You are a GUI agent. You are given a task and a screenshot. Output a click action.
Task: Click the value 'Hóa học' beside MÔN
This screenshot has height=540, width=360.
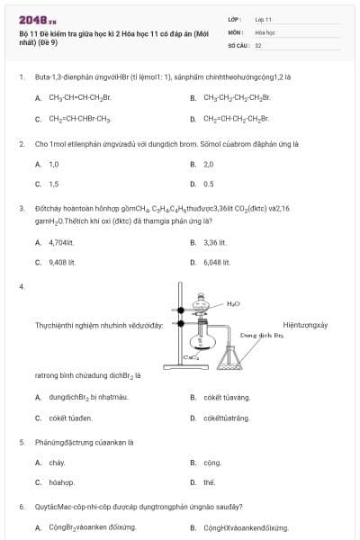click(x=264, y=31)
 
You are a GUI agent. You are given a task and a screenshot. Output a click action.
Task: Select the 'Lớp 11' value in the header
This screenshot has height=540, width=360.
click(x=263, y=19)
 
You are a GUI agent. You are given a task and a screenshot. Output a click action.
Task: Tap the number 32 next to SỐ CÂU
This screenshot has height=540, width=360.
click(x=258, y=44)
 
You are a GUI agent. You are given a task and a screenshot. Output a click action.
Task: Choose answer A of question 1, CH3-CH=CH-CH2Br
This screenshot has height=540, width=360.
click(x=79, y=97)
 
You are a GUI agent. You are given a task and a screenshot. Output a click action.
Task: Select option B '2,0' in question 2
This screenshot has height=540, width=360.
click(x=208, y=165)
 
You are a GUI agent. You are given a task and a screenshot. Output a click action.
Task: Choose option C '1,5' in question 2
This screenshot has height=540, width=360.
click(x=53, y=184)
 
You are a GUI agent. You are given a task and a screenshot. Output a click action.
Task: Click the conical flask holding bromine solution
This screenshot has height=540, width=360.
click(x=236, y=361)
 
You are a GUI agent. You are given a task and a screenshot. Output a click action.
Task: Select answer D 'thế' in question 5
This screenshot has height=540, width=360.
click(x=209, y=481)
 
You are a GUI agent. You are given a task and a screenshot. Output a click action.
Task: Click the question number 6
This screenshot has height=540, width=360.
click(x=22, y=507)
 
